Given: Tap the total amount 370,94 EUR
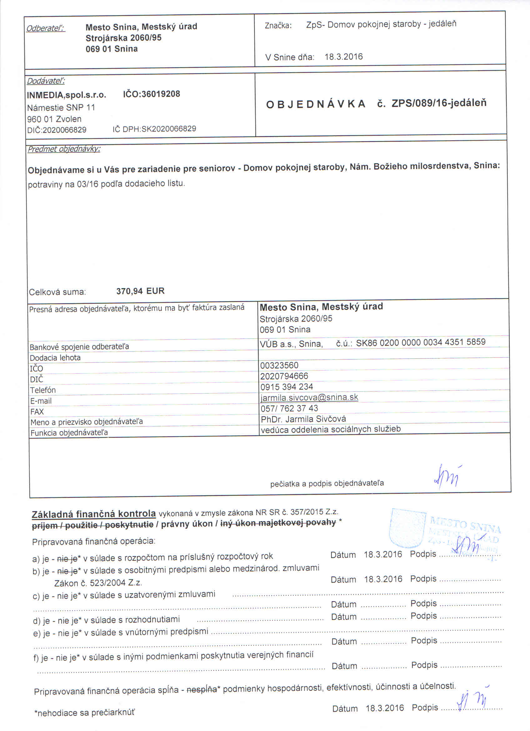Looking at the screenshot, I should tap(140, 291).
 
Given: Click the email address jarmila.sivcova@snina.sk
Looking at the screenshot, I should tap(309, 397).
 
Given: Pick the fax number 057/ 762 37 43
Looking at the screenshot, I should tap(289, 408).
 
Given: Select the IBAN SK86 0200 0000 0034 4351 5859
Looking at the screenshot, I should tap(421, 342).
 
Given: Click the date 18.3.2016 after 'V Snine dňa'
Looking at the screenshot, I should tap(343, 57).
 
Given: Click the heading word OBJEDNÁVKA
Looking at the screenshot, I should tap(316, 104).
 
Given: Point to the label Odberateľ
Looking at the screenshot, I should tap(46, 28).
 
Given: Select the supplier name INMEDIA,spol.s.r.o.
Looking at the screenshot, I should tap(66, 95).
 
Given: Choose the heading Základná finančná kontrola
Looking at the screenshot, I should tap(94, 514).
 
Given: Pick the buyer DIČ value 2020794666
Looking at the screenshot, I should tap(284, 376).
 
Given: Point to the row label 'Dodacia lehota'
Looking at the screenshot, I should tap(55, 357).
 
